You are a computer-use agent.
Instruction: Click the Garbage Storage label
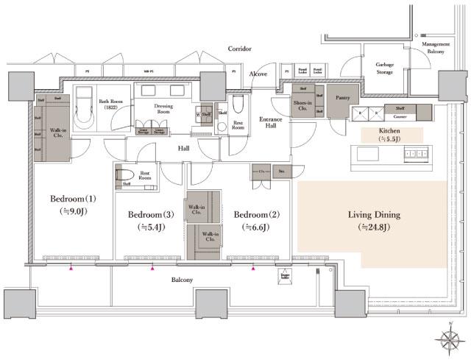point(385,68)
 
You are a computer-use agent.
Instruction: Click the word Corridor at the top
point(239,49)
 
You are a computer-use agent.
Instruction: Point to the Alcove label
point(258,74)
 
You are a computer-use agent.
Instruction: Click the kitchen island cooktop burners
point(417,154)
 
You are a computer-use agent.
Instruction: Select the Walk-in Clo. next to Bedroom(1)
point(54,132)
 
